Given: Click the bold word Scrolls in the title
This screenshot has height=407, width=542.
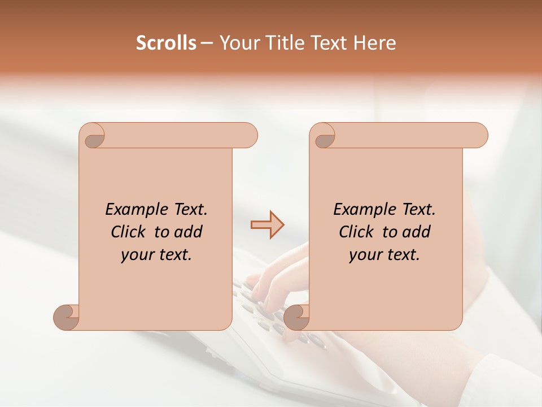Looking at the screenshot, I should click(x=166, y=43).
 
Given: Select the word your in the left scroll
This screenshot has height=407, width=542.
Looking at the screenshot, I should click(x=136, y=255).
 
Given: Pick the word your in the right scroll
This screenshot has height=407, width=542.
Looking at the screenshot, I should click(x=364, y=255).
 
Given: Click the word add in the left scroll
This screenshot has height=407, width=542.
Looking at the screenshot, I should click(x=189, y=232).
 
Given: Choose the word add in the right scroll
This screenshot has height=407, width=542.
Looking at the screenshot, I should click(x=417, y=232).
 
